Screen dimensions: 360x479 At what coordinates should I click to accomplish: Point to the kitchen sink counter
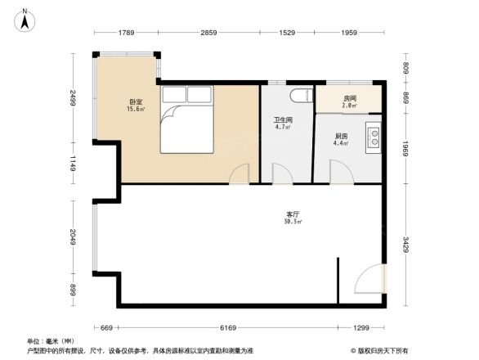(374, 137)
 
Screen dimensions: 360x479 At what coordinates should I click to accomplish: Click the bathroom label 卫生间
(283, 120)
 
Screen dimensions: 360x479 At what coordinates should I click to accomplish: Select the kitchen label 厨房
(342, 137)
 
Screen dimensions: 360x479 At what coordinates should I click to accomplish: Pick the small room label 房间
(348, 98)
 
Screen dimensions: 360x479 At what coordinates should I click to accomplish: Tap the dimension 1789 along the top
(125, 33)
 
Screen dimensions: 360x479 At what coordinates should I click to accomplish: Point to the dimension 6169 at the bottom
(229, 328)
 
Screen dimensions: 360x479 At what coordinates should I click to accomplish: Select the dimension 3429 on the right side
(404, 245)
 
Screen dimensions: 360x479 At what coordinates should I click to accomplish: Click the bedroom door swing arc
(239, 174)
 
